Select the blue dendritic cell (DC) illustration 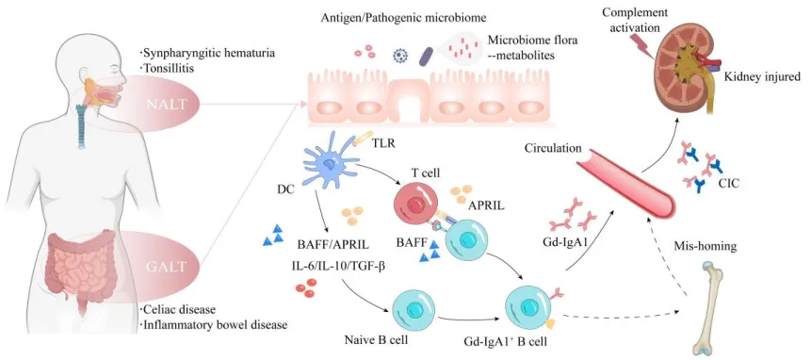(328, 165)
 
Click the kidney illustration (688, 72)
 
